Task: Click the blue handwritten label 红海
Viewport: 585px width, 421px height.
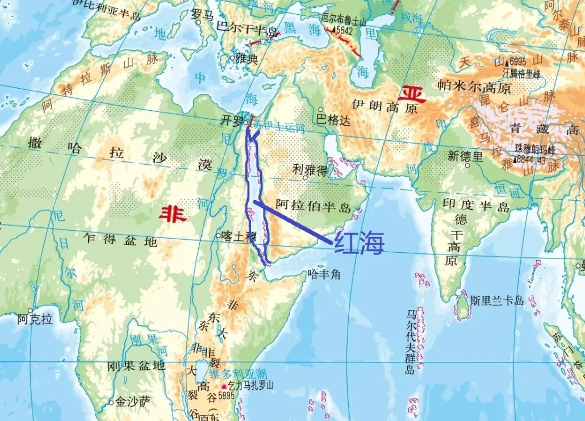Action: tap(360, 243)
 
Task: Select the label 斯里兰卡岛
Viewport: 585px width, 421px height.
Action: tap(496, 301)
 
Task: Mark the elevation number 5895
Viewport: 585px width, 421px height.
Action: tap(225, 395)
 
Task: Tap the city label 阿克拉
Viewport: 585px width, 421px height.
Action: tap(35, 319)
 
